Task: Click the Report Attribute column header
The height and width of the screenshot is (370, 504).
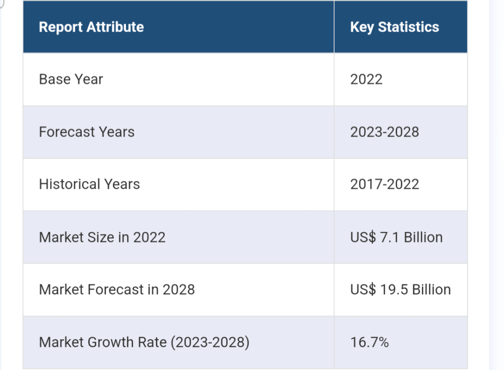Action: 91,27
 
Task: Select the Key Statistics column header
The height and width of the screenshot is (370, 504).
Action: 395,28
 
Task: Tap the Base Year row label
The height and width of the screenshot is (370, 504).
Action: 71,80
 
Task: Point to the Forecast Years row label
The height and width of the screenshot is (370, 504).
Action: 87,132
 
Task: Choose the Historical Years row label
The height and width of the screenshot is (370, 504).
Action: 89,184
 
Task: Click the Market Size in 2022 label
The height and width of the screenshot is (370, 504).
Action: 102,237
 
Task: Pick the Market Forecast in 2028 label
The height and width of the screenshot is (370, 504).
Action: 117,290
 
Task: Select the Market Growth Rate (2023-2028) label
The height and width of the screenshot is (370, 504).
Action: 144,342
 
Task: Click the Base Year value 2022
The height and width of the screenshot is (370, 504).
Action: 366,80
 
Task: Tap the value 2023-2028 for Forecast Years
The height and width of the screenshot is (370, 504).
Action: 385,132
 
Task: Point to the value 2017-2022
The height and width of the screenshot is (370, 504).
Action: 385,184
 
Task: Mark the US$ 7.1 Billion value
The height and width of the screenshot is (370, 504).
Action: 396,237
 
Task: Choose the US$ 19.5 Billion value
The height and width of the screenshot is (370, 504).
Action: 401,290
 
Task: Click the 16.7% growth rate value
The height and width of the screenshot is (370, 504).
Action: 369,342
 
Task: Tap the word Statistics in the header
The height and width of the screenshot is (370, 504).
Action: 409,27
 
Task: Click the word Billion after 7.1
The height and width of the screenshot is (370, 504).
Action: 423,237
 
